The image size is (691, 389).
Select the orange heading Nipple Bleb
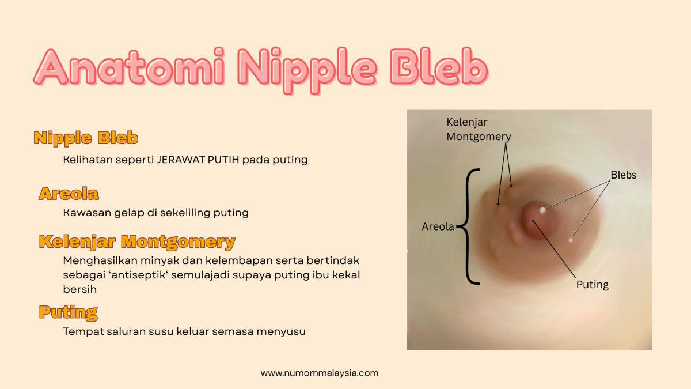[x=85, y=138]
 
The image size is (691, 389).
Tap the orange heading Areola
[x=69, y=194]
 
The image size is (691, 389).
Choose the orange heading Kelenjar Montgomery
[x=136, y=241]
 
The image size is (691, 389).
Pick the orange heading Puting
[x=68, y=312]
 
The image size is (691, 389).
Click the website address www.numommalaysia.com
[x=320, y=373]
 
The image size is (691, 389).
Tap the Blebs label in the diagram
[x=623, y=175]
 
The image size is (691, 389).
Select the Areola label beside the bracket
[x=438, y=227]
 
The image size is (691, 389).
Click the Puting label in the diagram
[x=592, y=285]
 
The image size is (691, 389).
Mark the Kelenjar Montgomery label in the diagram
[x=479, y=130]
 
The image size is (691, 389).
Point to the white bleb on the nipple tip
[x=542, y=210]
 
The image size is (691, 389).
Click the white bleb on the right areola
[x=571, y=240]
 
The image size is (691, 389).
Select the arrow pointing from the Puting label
[x=558, y=248]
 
